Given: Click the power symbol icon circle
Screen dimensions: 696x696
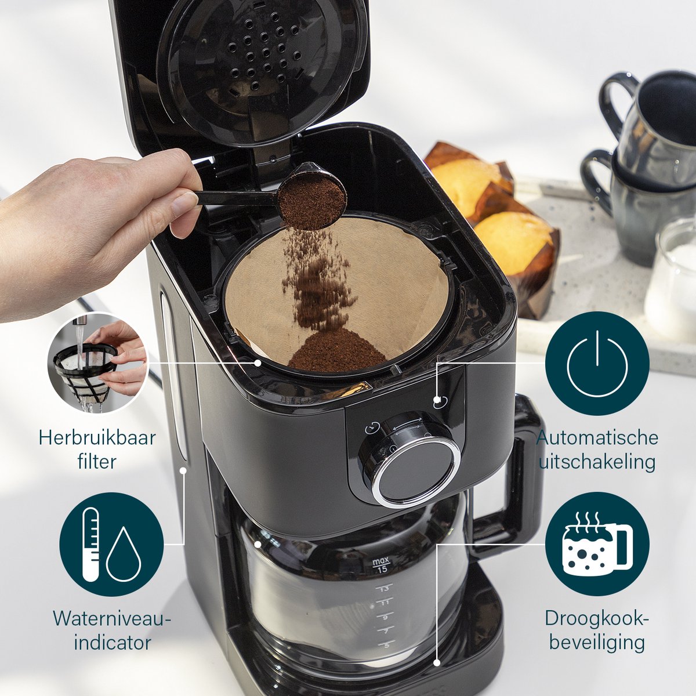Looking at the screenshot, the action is pyautogui.click(x=597, y=363).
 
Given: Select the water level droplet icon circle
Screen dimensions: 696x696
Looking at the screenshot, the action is pyautogui.click(x=111, y=545).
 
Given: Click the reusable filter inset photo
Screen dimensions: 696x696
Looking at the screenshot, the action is pyautogui.click(x=98, y=362).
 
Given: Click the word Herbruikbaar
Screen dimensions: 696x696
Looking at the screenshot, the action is pyautogui.click(x=97, y=438).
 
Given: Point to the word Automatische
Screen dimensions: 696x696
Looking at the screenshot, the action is pyautogui.click(x=597, y=438).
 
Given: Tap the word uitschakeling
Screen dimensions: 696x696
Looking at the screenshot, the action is pyautogui.click(x=597, y=462).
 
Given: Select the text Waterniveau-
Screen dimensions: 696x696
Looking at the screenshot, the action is pyautogui.click(x=111, y=618).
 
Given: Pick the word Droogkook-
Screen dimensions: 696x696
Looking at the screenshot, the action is pyautogui.click(x=597, y=618).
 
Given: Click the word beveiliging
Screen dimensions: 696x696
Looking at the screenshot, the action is pyautogui.click(x=597, y=643).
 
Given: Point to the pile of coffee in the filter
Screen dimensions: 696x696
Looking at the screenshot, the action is pyautogui.click(x=336, y=349).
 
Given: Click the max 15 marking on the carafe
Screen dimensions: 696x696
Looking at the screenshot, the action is pyautogui.click(x=382, y=565).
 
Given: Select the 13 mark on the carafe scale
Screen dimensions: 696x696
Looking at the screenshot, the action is pyautogui.click(x=385, y=589).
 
